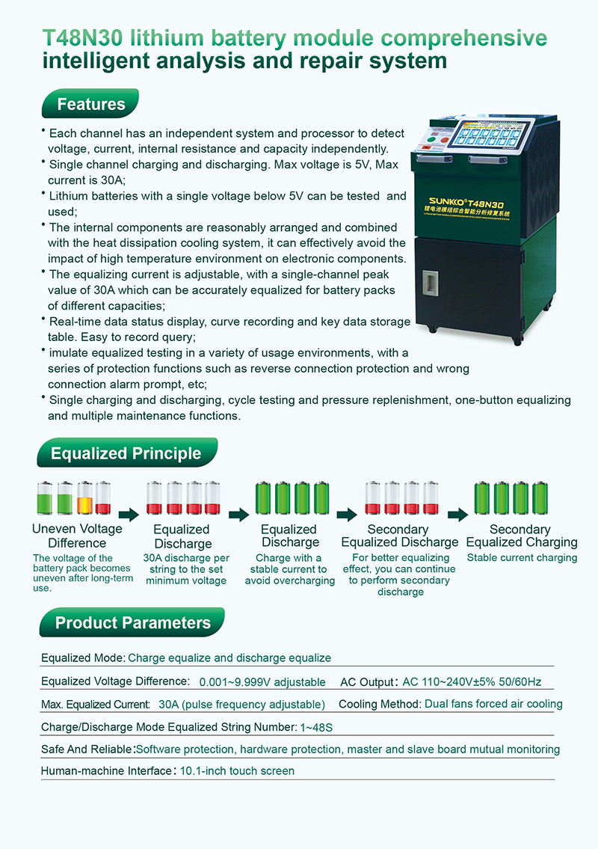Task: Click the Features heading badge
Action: tap(90, 103)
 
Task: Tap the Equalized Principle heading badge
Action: tap(127, 453)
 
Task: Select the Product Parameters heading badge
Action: tap(132, 622)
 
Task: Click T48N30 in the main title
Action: tap(83, 38)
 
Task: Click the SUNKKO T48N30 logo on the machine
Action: tap(466, 204)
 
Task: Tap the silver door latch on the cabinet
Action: tap(431, 283)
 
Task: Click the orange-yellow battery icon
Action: tap(85, 497)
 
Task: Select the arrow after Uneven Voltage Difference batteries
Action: tap(129, 515)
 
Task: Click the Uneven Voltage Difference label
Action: tap(78, 536)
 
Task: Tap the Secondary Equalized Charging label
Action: tap(522, 536)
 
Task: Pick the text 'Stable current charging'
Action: tap(523, 558)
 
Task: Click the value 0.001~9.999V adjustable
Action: tap(262, 681)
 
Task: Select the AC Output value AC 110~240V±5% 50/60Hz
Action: tap(472, 681)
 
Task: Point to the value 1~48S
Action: tap(317, 727)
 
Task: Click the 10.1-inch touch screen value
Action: tap(237, 770)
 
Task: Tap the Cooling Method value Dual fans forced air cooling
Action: tap(493, 704)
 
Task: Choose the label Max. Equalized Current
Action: tap(95, 705)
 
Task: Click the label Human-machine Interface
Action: tap(106, 770)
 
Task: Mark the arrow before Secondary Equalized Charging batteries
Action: tap(457, 515)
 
